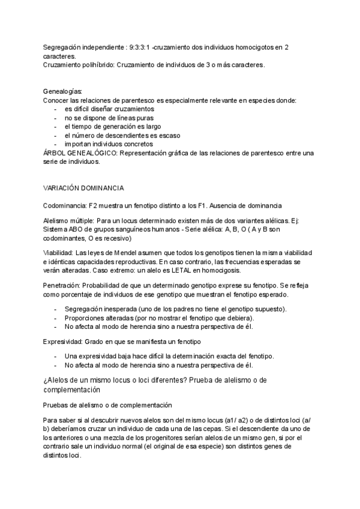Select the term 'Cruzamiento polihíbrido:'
pos(80,64)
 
